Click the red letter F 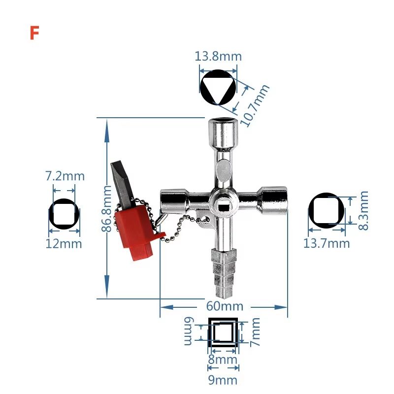(34, 33)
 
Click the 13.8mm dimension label (218, 56)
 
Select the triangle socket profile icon (218, 87)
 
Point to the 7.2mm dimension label (65, 176)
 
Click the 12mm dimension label (64, 243)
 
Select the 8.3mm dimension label (363, 210)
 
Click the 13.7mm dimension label (326, 243)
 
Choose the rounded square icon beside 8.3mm (327, 210)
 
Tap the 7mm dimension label (255, 331)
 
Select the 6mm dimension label (190, 331)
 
